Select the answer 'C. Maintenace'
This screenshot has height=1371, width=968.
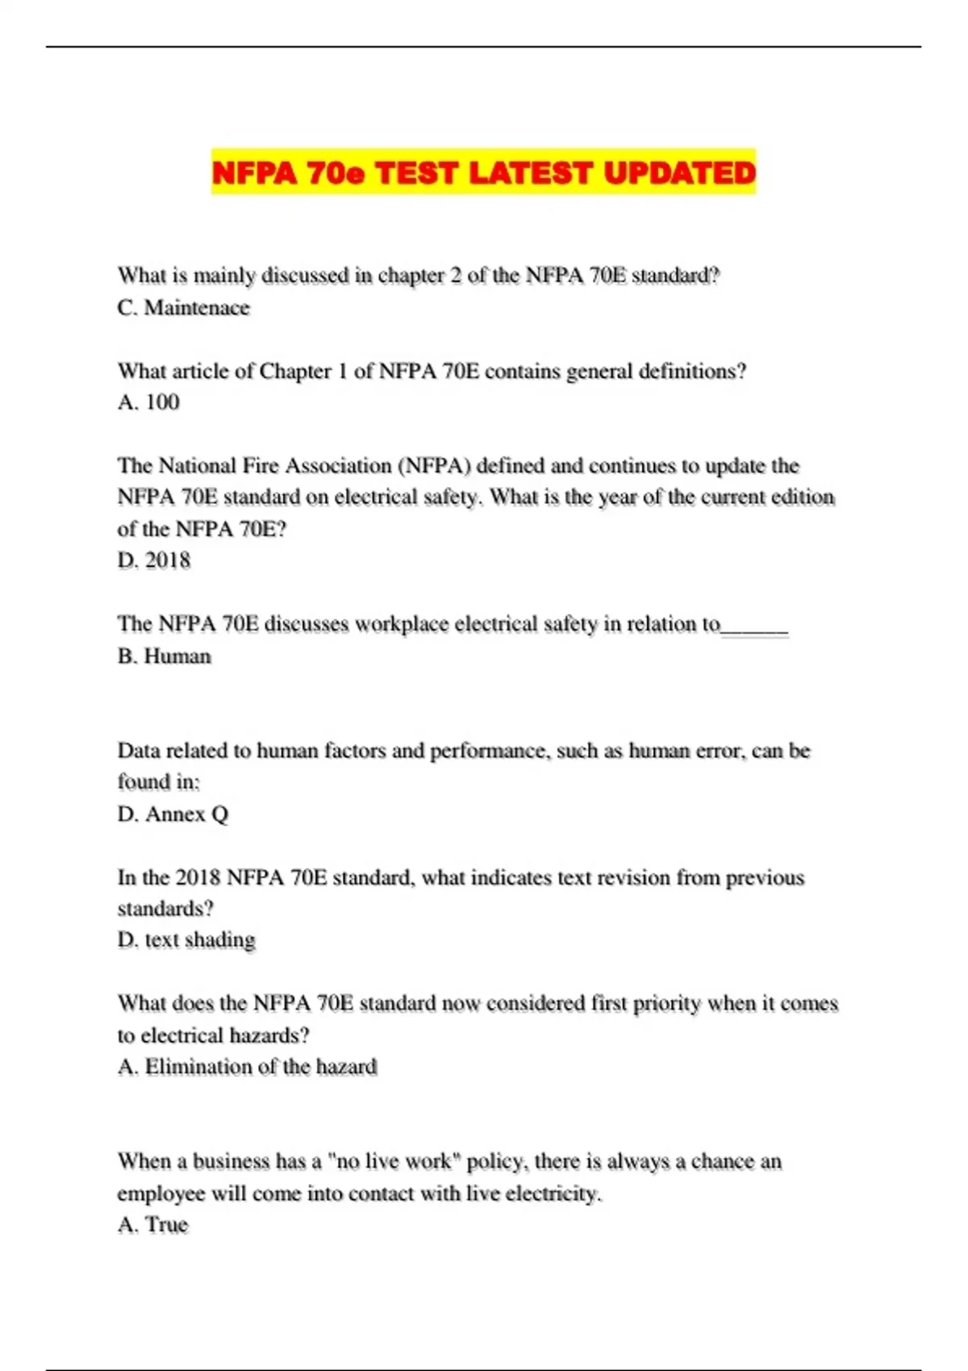pyautogui.click(x=183, y=307)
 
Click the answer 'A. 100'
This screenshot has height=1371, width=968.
pyautogui.click(x=148, y=402)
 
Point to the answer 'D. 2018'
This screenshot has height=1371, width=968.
pyautogui.click(x=154, y=560)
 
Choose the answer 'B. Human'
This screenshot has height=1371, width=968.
pyautogui.click(x=164, y=656)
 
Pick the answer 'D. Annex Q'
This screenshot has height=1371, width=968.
pyautogui.click(x=173, y=814)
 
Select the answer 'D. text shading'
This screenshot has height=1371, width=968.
pyautogui.click(x=186, y=940)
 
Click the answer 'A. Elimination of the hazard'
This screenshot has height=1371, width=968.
pyautogui.click(x=247, y=1066)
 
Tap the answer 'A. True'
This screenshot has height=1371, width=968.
pyautogui.click(x=152, y=1224)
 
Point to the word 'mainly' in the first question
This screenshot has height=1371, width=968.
pyautogui.click(x=222, y=276)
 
